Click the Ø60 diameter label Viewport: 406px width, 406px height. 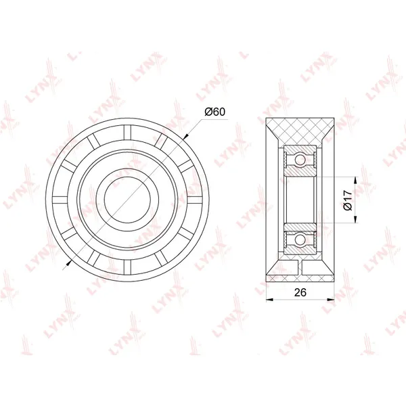click(x=215, y=112)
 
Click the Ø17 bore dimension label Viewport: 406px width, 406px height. click(x=348, y=200)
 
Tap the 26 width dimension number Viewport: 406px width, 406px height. click(x=300, y=292)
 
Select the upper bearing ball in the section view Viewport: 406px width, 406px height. click(x=300, y=159)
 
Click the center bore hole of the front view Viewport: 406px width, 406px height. click(x=127, y=200)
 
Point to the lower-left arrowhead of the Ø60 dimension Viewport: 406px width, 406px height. click(x=69, y=263)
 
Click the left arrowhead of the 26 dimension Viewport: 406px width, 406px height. click(x=270, y=300)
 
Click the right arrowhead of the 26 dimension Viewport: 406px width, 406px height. click(x=331, y=300)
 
